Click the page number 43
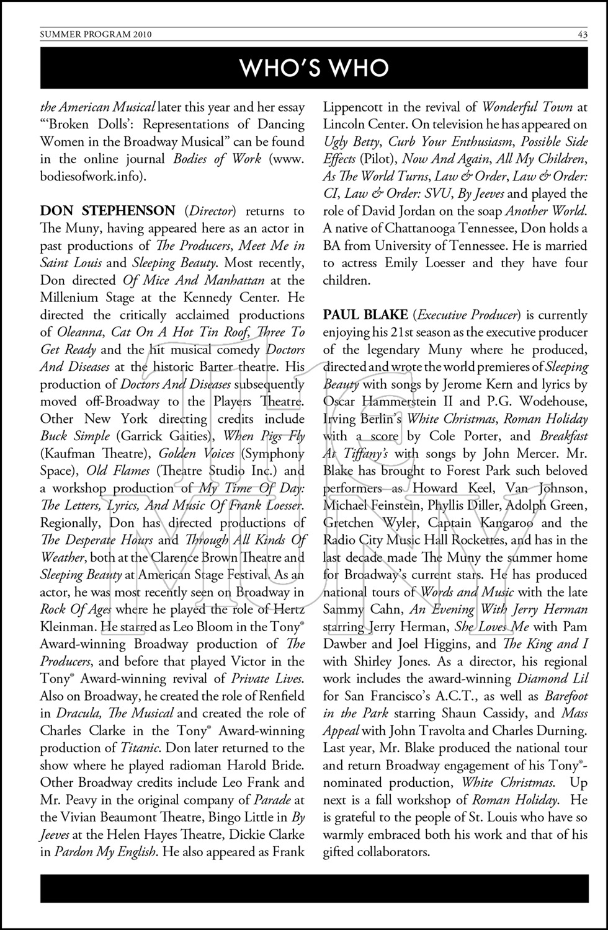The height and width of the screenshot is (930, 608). coord(582,35)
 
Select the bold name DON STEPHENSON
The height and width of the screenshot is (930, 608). coord(107,211)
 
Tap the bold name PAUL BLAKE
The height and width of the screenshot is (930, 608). coord(365,315)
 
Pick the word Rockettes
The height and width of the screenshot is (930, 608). coord(476,540)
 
